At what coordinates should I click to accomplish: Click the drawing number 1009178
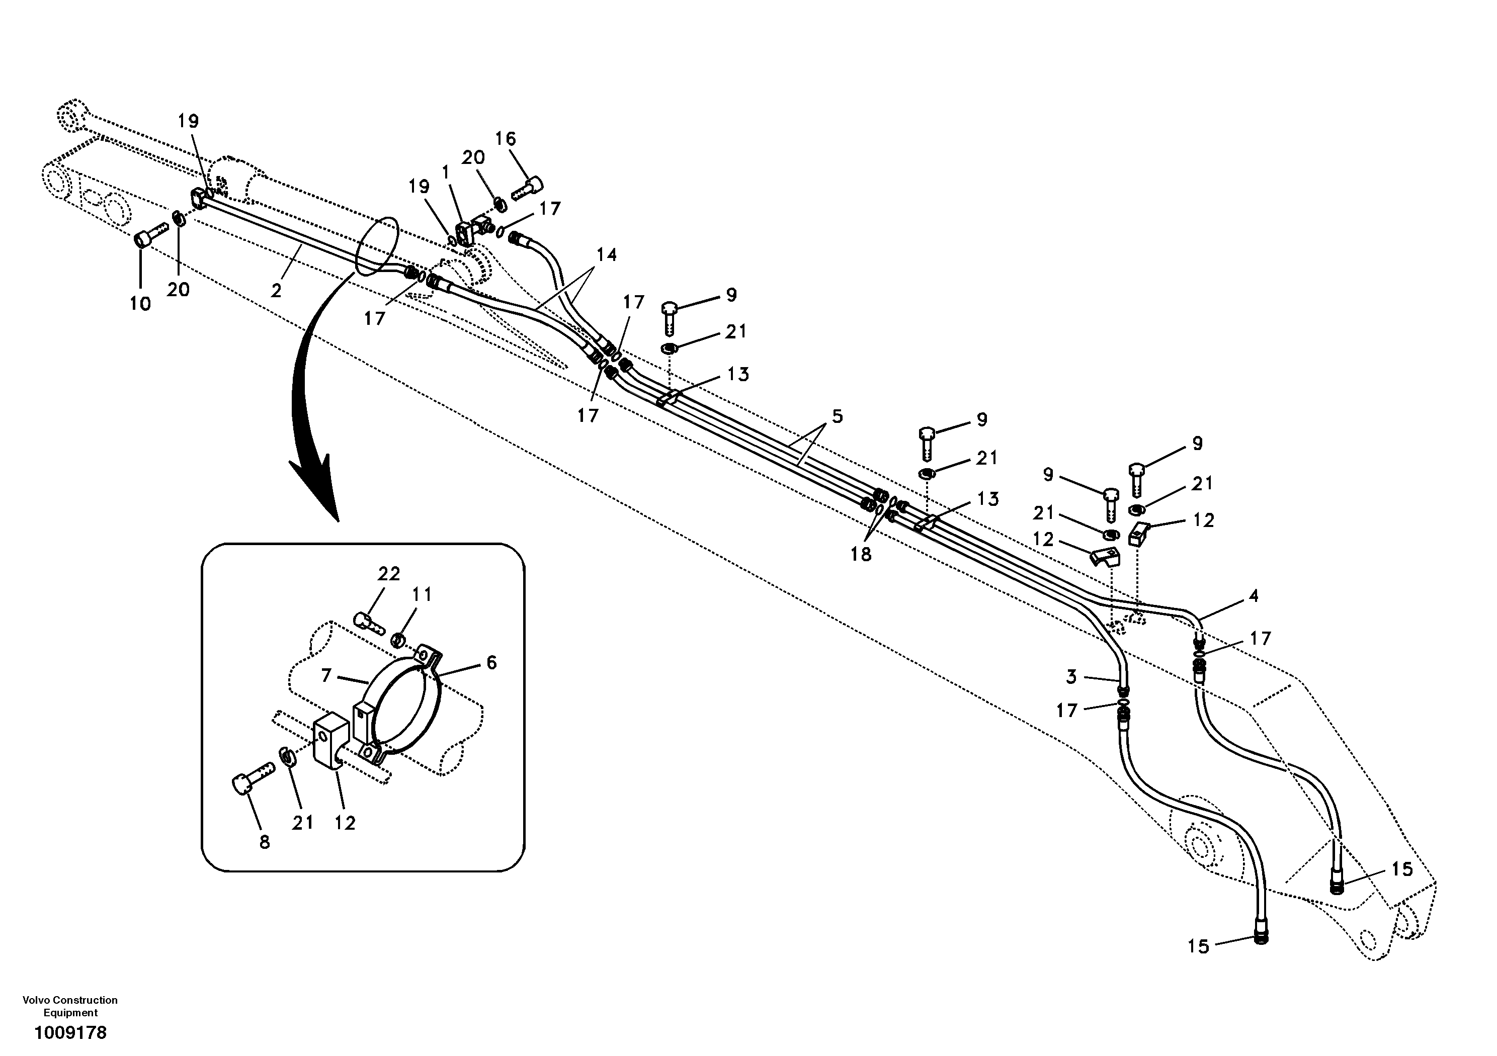pyautogui.click(x=70, y=1032)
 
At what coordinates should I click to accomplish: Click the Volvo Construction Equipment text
pyautogui.click(x=70, y=1006)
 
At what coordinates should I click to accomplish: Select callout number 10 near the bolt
pyautogui.click(x=140, y=304)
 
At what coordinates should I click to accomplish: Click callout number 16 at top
pyautogui.click(x=506, y=139)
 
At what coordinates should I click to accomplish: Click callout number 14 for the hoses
pyautogui.click(x=606, y=254)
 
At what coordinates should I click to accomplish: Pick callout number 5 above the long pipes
pyautogui.click(x=837, y=416)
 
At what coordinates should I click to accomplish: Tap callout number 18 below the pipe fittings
pyautogui.click(x=861, y=554)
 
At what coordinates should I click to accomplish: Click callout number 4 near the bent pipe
pyautogui.click(x=1253, y=596)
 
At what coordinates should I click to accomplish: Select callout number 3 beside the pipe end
pyautogui.click(x=1071, y=677)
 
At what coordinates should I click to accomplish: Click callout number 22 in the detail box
pyautogui.click(x=389, y=574)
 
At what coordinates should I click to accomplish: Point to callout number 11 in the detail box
pyautogui.click(x=422, y=594)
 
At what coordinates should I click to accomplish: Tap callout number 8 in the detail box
pyautogui.click(x=264, y=843)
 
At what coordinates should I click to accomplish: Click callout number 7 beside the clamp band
pyautogui.click(x=326, y=676)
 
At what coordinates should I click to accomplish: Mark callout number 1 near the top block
pyautogui.click(x=446, y=173)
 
